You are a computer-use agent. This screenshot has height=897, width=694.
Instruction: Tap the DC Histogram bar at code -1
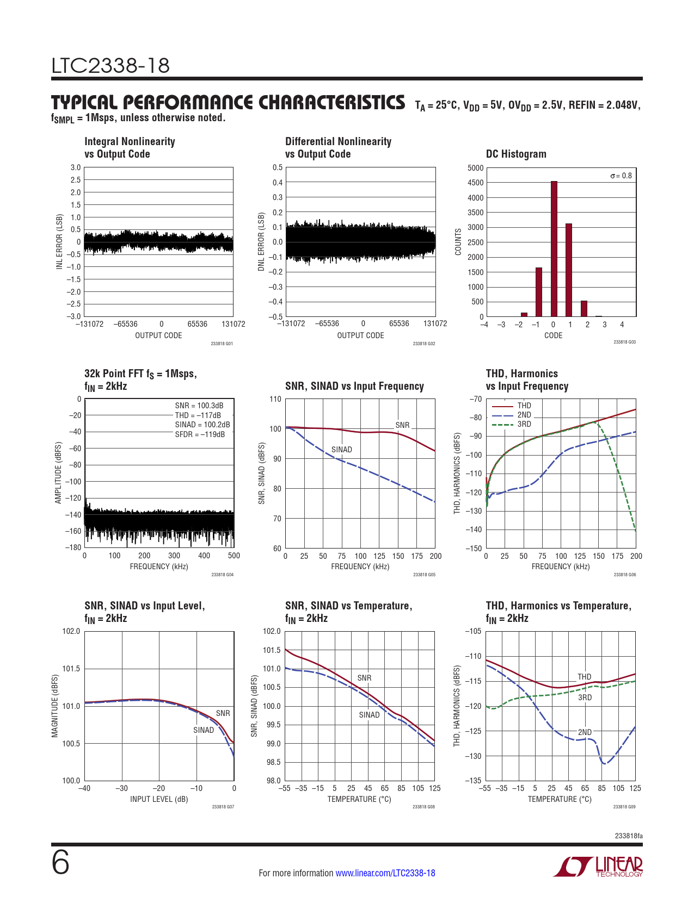point(538,292)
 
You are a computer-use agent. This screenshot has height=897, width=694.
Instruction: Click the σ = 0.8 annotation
point(621,176)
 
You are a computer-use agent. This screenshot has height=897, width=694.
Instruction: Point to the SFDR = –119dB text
point(200,434)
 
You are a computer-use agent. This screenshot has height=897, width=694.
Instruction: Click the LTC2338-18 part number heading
point(110,66)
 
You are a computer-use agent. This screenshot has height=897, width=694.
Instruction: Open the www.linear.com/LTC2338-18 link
point(385,873)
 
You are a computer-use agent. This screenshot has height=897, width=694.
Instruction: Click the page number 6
point(60,863)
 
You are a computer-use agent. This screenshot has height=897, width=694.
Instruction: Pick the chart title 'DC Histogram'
point(516,154)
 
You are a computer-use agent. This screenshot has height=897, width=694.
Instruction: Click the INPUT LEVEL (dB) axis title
point(159,799)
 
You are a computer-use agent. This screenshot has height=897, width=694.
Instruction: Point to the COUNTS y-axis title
point(458,242)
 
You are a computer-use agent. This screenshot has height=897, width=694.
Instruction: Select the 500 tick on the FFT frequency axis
point(234,556)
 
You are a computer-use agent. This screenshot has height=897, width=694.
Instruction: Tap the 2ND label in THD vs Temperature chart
point(585,732)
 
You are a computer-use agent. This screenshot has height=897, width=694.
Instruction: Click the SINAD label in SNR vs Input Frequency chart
point(342,450)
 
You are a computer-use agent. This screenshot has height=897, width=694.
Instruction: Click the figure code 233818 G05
point(424,575)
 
